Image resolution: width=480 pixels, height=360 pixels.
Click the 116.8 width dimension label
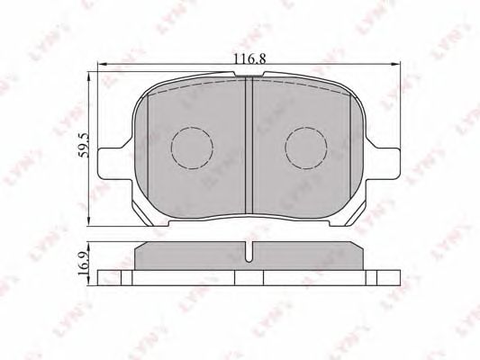point(249,58)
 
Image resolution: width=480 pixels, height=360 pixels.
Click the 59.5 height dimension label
point(83,145)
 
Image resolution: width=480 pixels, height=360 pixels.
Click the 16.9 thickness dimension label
point(83,264)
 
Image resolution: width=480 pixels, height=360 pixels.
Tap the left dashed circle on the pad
point(192,148)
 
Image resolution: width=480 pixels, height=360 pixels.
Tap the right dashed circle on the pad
point(306,148)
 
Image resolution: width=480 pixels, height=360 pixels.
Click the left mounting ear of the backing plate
point(114,164)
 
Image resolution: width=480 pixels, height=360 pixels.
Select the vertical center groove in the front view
point(249,145)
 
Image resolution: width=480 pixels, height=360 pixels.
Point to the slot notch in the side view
point(249,251)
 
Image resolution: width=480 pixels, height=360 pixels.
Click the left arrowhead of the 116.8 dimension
point(102,64)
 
